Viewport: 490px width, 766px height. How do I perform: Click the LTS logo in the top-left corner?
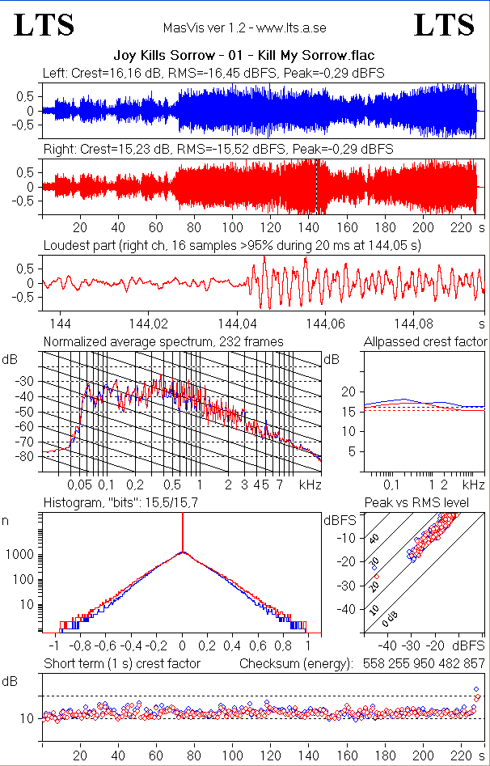pyautogui.click(x=44, y=25)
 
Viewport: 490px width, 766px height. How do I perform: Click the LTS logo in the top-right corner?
pyautogui.click(x=444, y=25)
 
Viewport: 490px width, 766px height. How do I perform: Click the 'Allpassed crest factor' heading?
pyautogui.click(x=425, y=341)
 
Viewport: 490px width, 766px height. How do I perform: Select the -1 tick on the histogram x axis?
pyautogui.click(x=54, y=646)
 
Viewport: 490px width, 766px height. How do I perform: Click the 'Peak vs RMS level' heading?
pyautogui.click(x=428, y=503)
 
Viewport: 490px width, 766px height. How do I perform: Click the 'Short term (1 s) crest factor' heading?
pyautogui.click(x=121, y=664)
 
